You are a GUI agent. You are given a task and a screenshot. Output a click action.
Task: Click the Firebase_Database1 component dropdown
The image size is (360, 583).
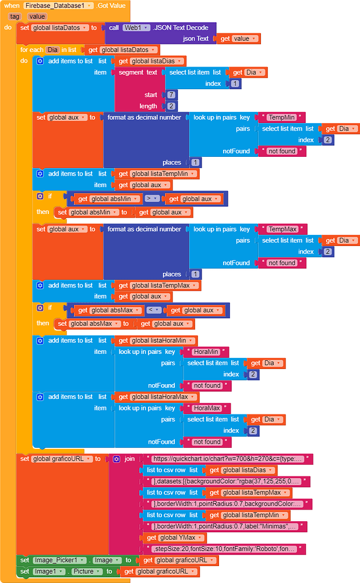(x=59, y=6)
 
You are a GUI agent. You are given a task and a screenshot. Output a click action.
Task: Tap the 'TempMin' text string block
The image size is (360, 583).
(x=281, y=118)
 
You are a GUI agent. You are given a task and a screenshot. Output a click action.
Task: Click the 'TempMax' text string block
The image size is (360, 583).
(x=283, y=229)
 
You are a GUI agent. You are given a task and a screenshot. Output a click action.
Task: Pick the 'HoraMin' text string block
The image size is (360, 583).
(x=206, y=352)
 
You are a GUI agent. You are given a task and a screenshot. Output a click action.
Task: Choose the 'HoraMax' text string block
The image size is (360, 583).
(x=207, y=408)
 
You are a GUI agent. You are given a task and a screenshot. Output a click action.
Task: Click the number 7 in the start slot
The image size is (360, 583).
(x=171, y=95)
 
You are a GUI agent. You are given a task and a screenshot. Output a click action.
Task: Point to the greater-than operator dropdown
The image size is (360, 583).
(x=152, y=199)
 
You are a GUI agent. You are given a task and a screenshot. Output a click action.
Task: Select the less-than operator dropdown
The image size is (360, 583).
(x=154, y=310)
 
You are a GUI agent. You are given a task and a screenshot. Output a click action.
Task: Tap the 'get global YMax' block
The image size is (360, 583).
(x=175, y=538)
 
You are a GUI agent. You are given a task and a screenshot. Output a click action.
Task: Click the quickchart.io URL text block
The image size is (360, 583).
(x=228, y=459)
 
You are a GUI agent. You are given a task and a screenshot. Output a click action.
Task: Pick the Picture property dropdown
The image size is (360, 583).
(x=85, y=571)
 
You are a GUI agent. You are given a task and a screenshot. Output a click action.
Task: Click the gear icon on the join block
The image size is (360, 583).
(x=117, y=459)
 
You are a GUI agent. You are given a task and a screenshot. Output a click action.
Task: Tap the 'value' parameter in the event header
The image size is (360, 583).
(x=37, y=16)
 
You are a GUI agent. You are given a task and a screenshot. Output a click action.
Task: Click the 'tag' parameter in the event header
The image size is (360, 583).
(x=15, y=16)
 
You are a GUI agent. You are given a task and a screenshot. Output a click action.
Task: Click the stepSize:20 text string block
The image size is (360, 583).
(x=224, y=549)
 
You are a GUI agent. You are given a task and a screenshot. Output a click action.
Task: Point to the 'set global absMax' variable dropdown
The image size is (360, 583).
(x=94, y=324)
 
